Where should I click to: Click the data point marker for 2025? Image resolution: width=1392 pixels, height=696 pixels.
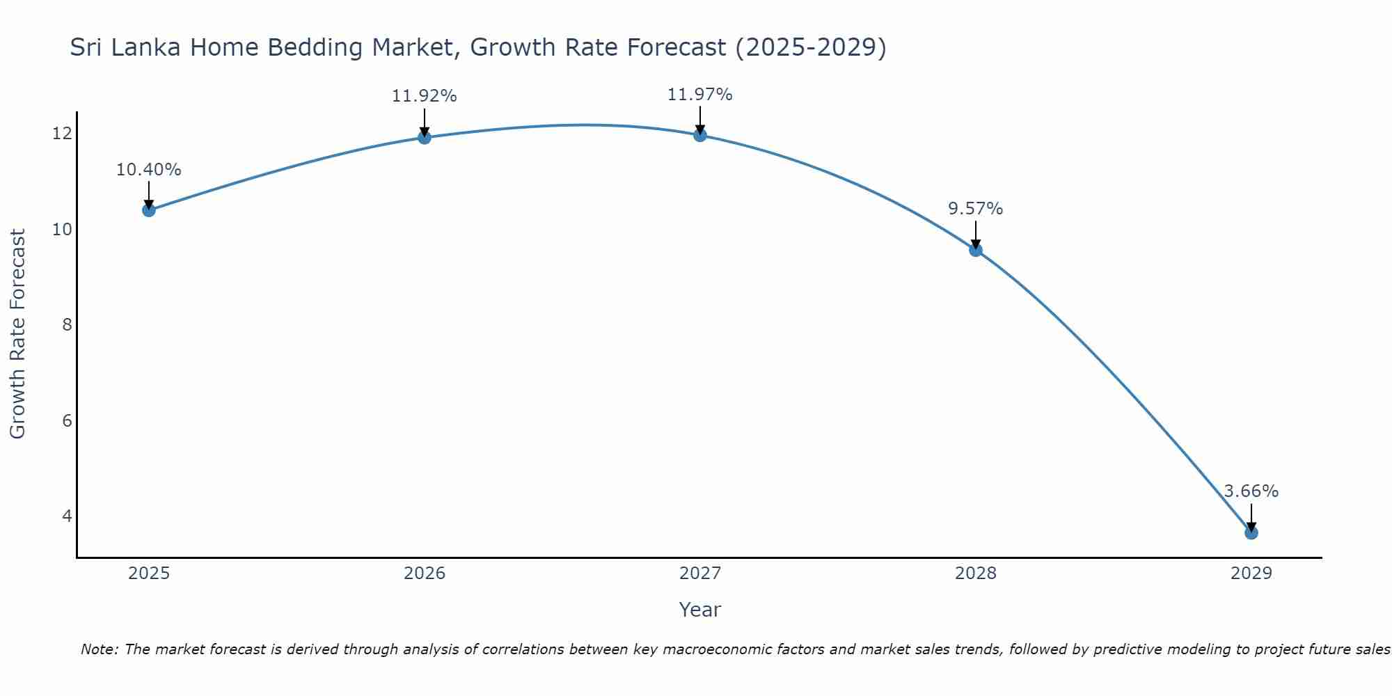pyautogui.click(x=148, y=210)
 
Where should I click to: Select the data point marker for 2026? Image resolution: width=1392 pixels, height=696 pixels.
pyautogui.click(x=424, y=137)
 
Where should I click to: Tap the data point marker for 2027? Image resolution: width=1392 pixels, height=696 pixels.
pyautogui.click(x=700, y=135)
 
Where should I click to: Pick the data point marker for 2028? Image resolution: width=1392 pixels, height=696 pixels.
pyautogui.click(x=976, y=250)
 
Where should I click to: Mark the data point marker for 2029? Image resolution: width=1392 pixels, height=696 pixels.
pyautogui.click(x=1251, y=533)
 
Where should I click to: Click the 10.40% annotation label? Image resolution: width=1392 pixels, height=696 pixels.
pyautogui.click(x=148, y=170)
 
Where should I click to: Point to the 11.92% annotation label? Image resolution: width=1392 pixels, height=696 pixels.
pyautogui.click(x=424, y=96)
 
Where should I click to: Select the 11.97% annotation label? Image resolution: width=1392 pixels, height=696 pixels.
pyautogui.click(x=699, y=95)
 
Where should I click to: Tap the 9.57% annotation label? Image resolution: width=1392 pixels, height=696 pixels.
pyautogui.click(x=975, y=209)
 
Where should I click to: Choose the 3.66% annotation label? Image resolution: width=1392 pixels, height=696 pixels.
pyautogui.click(x=1251, y=491)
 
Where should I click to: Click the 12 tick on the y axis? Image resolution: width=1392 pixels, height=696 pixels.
pyautogui.click(x=62, y=133)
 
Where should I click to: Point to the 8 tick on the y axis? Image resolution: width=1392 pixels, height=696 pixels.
pyautogui.click(x=67, y=324)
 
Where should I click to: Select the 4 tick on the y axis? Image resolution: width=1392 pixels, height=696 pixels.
pyautogui.click(x=67, y=516)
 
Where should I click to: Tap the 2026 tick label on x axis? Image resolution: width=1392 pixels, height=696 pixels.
pyautogui.click(x=425, y=574)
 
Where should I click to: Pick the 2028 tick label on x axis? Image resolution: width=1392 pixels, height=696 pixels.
pyautogui.click(x=976, y=574)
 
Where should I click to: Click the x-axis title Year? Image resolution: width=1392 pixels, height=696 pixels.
pyautogui.click(x=699, y=610)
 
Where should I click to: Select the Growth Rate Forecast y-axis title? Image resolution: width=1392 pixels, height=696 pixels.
pyautogui.click(x=18, y=334)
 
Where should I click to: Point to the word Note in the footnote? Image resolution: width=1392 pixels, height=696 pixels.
pyautogui.click(x=99, y=649)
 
